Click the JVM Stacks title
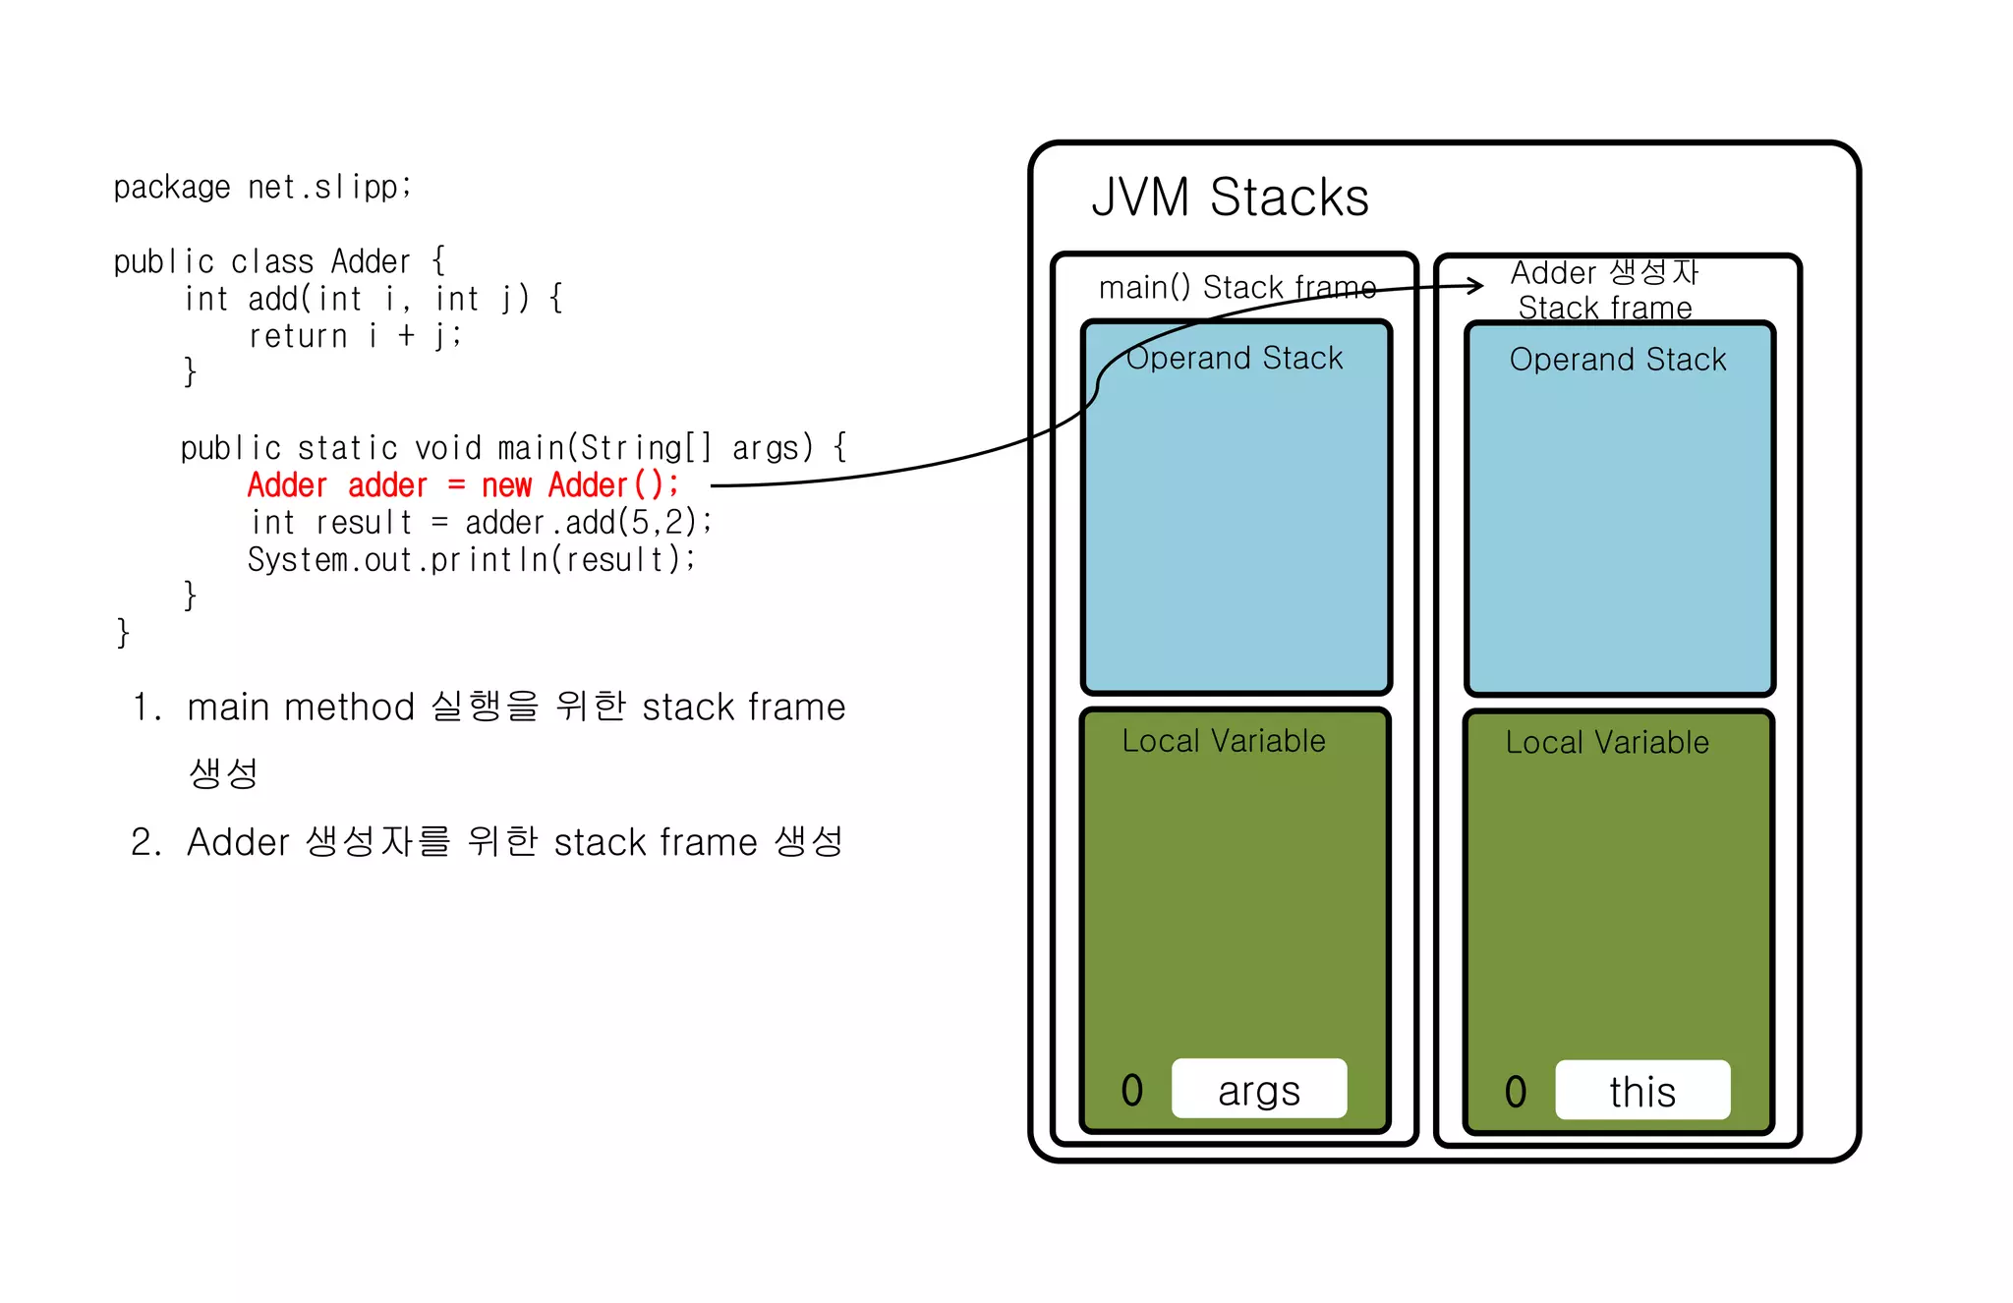(x=1230, y=198)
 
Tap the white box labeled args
(x=1258, y=1089)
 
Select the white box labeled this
(x=1641, y=1091)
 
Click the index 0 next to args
(x=1131, y=1090)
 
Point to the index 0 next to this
(x=1515, y=1092)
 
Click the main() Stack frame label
(x=1237, y=287)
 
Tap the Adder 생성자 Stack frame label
(x=1604, y=290)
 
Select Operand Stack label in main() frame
(x=1234, y=358)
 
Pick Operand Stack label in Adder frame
(x=1617, y=360)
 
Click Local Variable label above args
(x=1223, y=741)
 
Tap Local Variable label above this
(x=1606, y=743)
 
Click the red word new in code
(x=506, y=485)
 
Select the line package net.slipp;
(x=262, y=187)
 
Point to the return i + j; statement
(x=354, y=336)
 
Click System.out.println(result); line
(x=471, y=560)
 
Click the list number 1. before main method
(x=146, y=708)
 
